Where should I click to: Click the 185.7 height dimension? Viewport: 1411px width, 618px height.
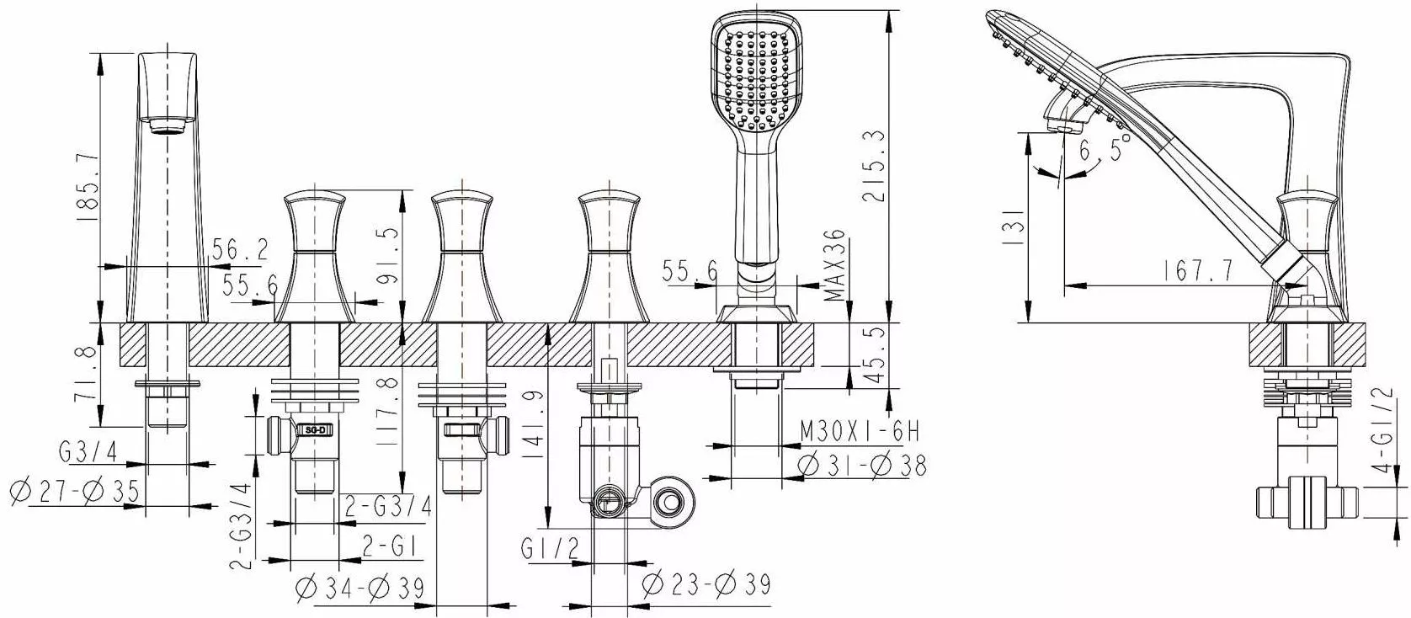coord(88,187)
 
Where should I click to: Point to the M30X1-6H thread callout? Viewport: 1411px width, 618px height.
coord(860,432)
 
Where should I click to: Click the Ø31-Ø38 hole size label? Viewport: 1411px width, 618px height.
coord(862,466)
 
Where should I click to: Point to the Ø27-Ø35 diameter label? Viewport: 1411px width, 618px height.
coord(76,492)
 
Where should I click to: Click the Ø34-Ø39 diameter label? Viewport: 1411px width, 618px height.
coord(360,589)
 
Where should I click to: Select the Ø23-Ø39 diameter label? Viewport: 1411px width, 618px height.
coord(706,584)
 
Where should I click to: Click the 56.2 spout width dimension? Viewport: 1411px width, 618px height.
coord(240,250)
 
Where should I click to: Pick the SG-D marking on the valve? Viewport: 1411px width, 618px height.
coord(316,431)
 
